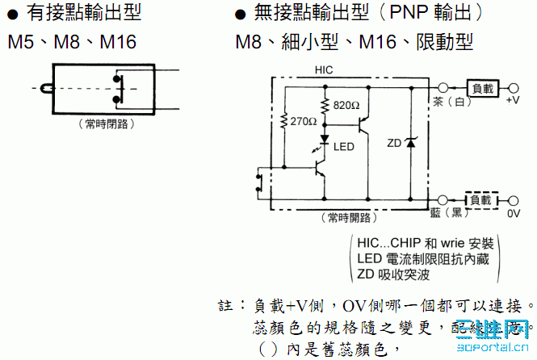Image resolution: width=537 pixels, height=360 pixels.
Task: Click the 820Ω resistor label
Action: [x=346, y=106]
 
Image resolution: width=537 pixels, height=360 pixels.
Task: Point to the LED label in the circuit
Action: [x=344, y=147]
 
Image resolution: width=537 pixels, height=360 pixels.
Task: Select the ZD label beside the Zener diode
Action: [x=394, y=143]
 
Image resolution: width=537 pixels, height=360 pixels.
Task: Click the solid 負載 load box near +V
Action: [x=481, y=87]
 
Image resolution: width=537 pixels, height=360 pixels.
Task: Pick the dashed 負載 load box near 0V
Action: [x=481, y=199]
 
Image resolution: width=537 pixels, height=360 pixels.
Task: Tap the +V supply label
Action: [x=513, y=101]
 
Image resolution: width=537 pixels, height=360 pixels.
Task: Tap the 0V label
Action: [x=514, y=214]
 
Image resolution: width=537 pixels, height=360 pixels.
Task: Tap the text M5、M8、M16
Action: [x=73, y=41]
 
